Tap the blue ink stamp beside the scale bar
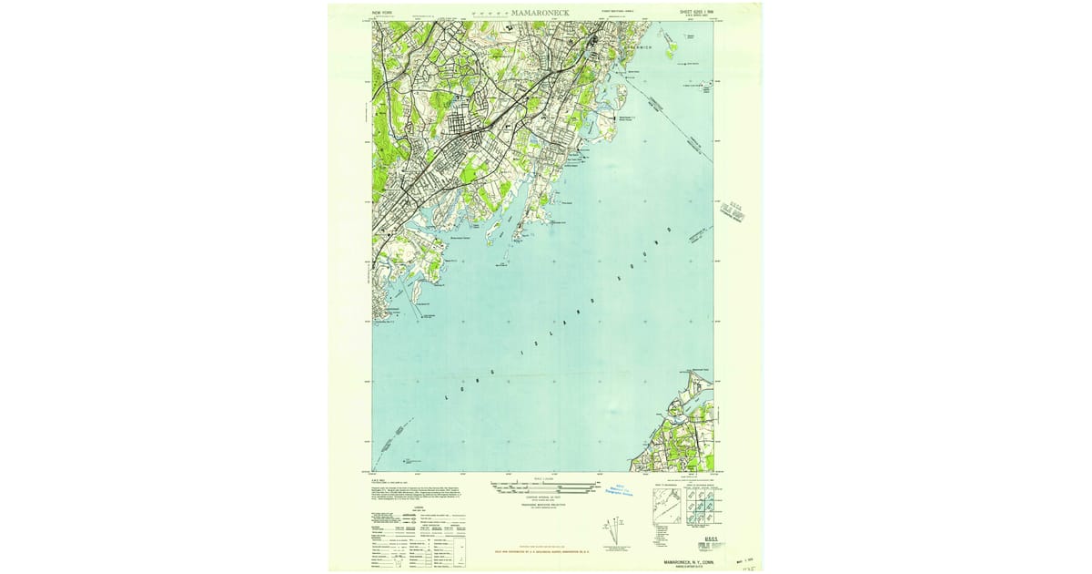[x=624, y=490]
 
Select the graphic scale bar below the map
[x=543, y=487]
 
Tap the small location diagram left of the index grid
[x=667, y=507]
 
